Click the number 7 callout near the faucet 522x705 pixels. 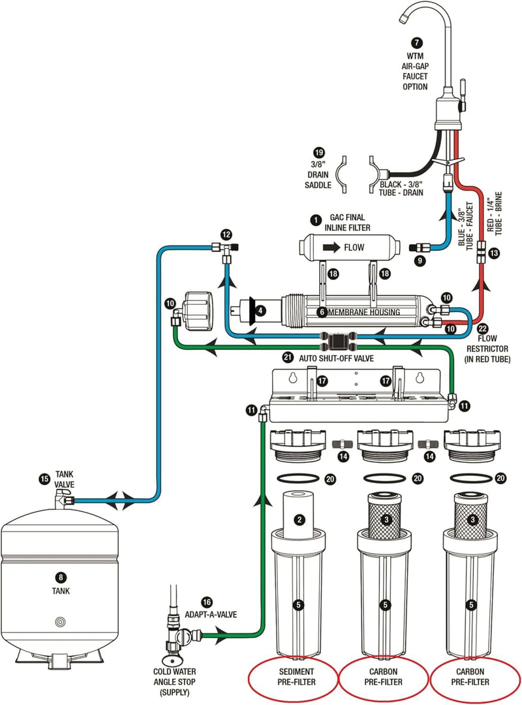(416, 42)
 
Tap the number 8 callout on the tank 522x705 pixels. (60, 577)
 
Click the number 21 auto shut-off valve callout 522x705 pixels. (288, 358)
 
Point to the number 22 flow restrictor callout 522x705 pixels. (482, 328)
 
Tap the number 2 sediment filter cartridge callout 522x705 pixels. (299, 520)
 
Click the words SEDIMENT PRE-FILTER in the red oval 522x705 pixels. (296, 677)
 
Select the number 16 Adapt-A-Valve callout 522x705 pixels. (206, 602)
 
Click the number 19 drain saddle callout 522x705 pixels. (318, 152)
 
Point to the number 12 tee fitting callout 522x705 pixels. (226, 234)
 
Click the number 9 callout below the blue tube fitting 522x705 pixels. (420, 260)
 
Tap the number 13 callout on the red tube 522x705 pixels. (494, 253)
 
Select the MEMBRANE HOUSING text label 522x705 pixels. (364, 312)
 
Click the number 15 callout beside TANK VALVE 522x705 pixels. (44, 479)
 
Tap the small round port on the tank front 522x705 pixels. (60, 622)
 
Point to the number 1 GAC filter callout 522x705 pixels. (316, 220)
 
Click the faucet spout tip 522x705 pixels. (402, 18)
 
